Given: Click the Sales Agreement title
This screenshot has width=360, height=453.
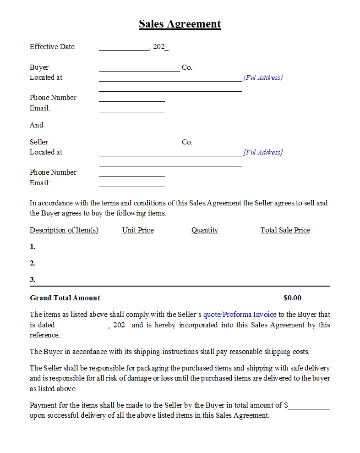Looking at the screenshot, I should [x=180, y=24].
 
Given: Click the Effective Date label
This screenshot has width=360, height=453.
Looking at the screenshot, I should [x=52, y=47].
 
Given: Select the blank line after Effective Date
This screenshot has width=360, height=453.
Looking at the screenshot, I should [x=124, y=49].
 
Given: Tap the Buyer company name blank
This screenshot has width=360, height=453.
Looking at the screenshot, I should [x=139, y=70].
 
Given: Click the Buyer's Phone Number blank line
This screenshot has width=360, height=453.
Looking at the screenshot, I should [x=131, y=100].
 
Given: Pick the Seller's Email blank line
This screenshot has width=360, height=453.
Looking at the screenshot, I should [x=131, y=185].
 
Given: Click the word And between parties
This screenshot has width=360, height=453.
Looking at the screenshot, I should [x=36, y=125].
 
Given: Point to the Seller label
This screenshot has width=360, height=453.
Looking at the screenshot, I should [x=39, y=142].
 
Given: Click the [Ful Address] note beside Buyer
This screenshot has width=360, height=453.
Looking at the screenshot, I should [x=263, y=77].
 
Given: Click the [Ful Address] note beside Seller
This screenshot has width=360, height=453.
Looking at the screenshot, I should [x=263, y=152].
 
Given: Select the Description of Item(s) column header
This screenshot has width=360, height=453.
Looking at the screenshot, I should [x=64, y=230].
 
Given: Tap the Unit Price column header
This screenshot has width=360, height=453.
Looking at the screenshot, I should [x=138, y=230].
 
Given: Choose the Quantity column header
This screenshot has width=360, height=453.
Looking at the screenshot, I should [x=205, y=230].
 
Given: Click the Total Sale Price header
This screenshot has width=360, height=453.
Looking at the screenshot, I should [x=285, y=230].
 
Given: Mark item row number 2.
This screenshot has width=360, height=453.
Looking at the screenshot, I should [x=33, y=263].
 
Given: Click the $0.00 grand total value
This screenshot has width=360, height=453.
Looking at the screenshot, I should [x=292, y=298].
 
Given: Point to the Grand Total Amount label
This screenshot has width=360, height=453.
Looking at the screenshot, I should [x=65, y=298].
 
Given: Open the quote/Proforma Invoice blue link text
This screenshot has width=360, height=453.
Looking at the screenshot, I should [x=240, y=315].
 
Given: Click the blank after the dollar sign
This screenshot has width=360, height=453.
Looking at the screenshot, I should [x=309, y=407].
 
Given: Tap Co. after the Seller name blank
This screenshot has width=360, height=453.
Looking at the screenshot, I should [x=187, y=142].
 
